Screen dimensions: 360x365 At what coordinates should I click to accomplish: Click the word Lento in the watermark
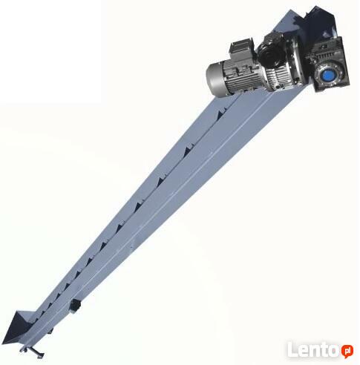pyautogui.click(x=314, y=349)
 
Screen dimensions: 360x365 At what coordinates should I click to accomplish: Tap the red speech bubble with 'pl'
pyautogui.click(x=347, y=351)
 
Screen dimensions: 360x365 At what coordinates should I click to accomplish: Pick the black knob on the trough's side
pyautogui.click(x=74, y=306)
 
